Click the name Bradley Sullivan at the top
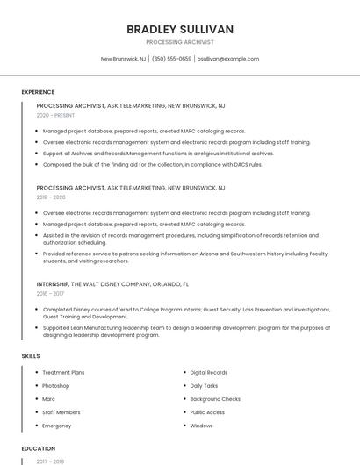(x=179, y=29)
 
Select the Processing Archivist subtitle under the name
(x=179, y=42)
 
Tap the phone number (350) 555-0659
(x=171, y=59)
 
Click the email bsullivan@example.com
(x=228, y=59)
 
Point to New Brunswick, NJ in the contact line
(x=123, y=59)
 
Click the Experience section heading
(x=38, y=91)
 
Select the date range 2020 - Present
(x=56, y=115)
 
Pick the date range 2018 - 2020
(x=51, y=197)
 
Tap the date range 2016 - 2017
(x=50, y=294)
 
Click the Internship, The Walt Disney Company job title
(x=112, y=284)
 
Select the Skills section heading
(x=31, y=356)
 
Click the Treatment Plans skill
(x=63, y=372)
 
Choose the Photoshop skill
(x=55, y=385)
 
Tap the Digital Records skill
(x=209, y=372)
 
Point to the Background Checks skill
(x=215, y=398)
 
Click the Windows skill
(x=201, y=426)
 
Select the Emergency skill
(x=56, y=426)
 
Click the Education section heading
(x=38, y=448)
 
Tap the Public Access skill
(x=207, y=411)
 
